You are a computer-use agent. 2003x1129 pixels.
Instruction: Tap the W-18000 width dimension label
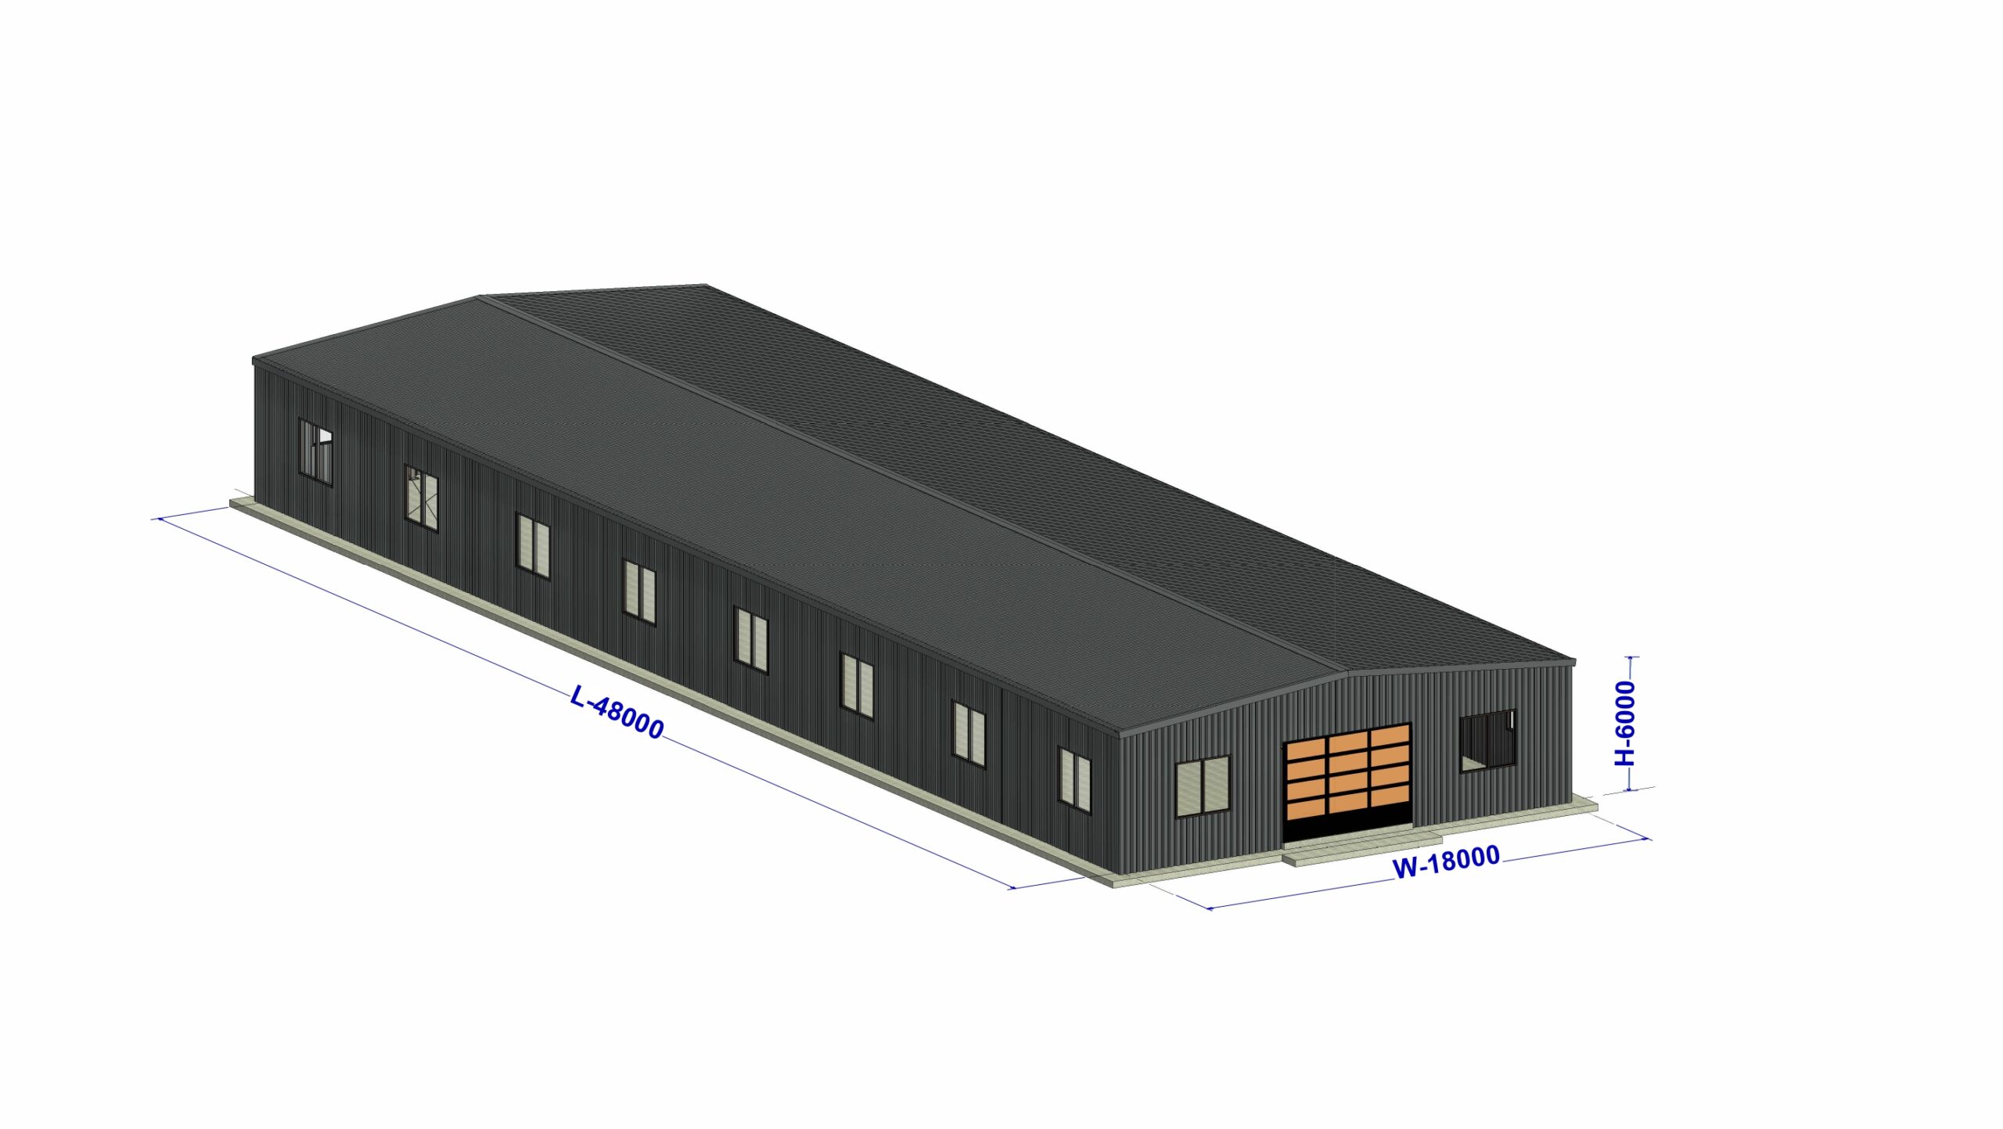click(x=1446, y=862)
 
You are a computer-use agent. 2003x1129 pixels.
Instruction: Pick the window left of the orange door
click(x=1203, y=786)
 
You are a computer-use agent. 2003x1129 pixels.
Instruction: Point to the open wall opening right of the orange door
click(x=1487, y=740)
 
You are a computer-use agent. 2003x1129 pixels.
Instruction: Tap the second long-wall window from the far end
click(x=421, y=498)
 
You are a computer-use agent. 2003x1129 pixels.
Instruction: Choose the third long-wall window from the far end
click(x=533, y=546)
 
